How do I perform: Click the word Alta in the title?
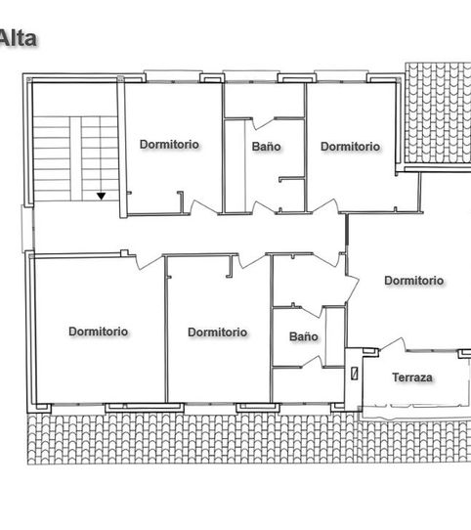pyautogui.click(x=19, y=38)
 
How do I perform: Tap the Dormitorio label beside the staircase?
pyautogui.click(x=169, y=145)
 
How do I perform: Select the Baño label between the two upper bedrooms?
pyautogui.click(x=266, y=147)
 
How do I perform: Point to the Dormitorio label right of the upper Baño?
pyautogui.click(x=350, y=147)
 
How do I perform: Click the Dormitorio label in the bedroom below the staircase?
pyautogui.click(x=99, y=331)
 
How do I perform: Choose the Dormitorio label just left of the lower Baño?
pyautogui.click(x=218, y=331)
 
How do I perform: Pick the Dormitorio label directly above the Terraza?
pyautogui.click(x=414, y=281)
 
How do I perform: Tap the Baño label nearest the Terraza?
pyautogui.click(x=304, y=336)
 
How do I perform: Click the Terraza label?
pyautogui.click(x=412, y=377)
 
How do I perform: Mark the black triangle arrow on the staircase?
pyautogui.click(x=101, y=196)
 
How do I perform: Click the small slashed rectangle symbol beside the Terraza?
pyautogui.click(x=355, y=374)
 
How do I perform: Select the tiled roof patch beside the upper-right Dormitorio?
pyautogui.click(x=438, y=113)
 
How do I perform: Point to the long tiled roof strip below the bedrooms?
pyautogui.click(x=249, y=439)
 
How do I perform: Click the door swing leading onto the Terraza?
pyautogui.click(x=393, y=345)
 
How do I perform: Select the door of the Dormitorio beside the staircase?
pyautogui.click(x=203, y=207)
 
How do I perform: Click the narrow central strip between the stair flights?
pyautogui.click(x=75, y=158)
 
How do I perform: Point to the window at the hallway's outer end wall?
pyautogui.click(x=27, y=229)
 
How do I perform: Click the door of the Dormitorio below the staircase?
pyautogui.click(x=149, y=262)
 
